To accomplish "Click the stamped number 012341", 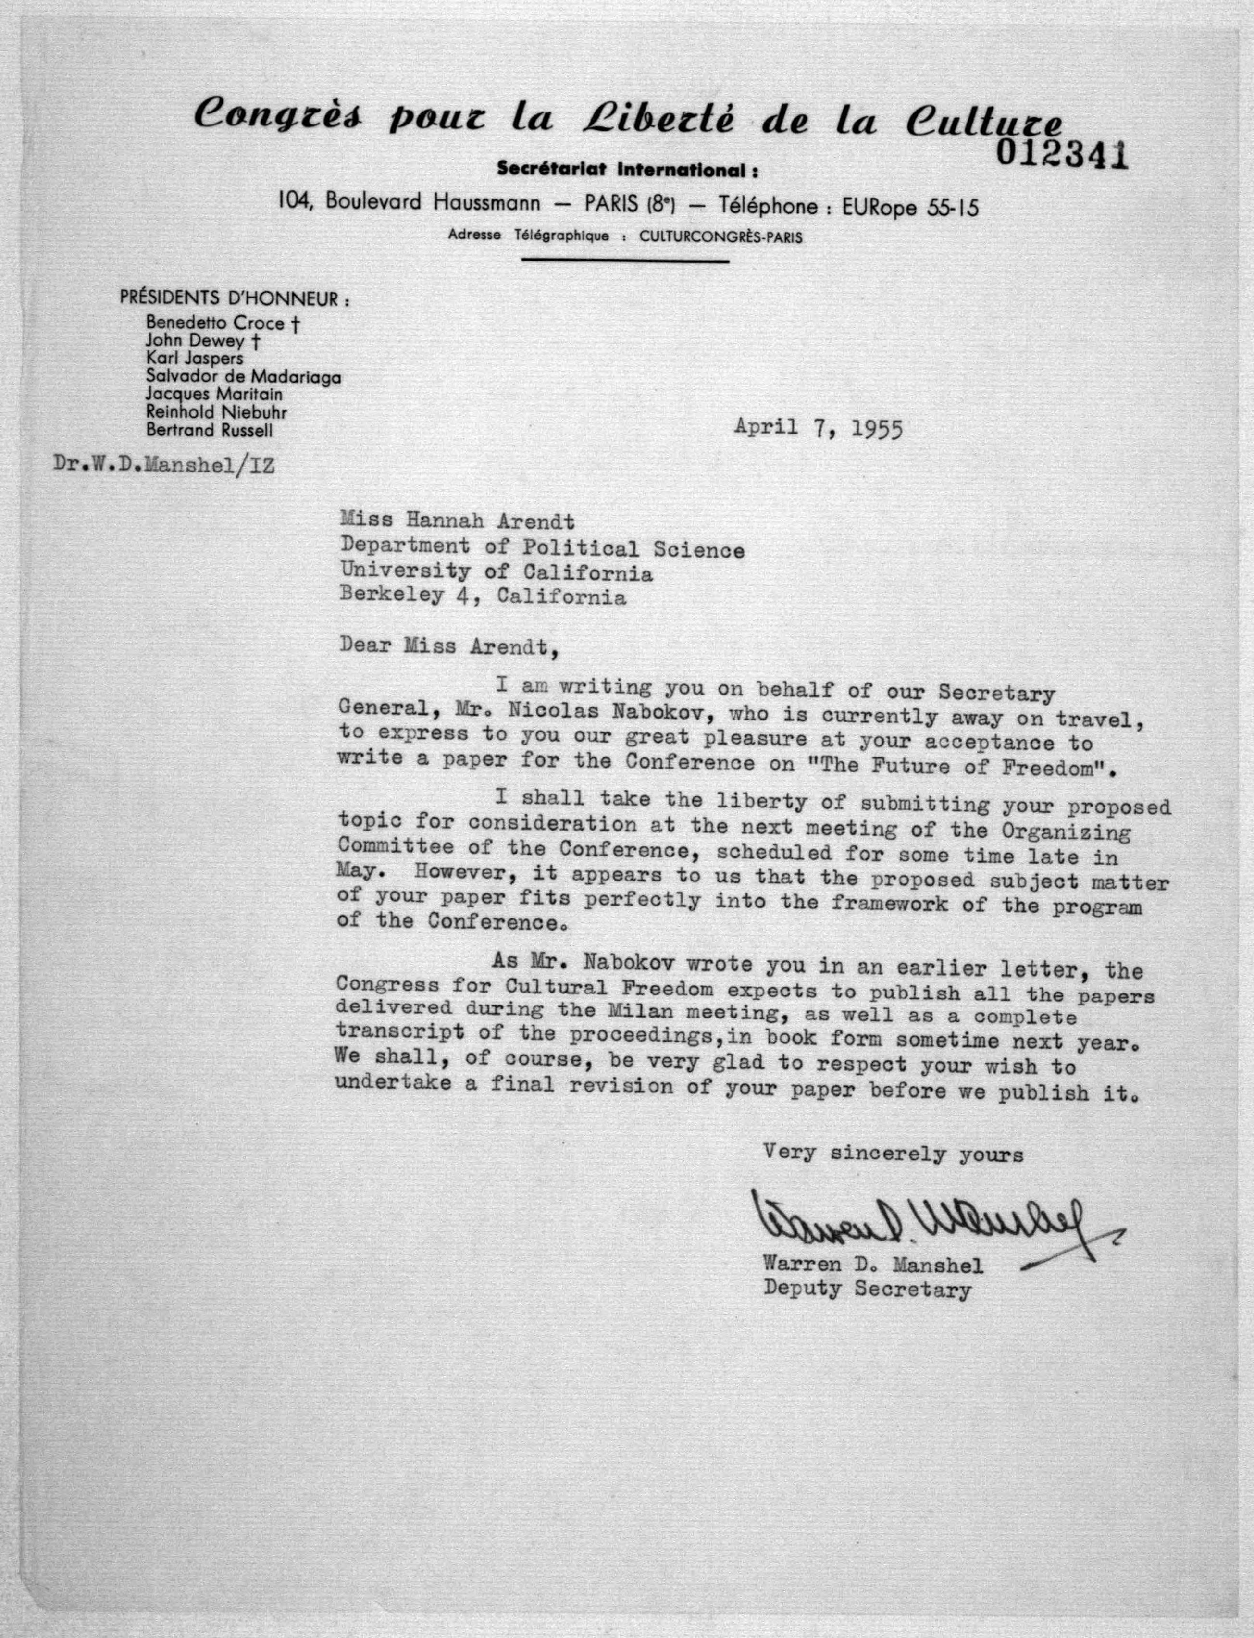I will [x=1061, y=156].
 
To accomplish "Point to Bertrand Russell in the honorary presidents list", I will [x=209, y=431].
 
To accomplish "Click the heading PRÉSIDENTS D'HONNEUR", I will [x=234, y=299].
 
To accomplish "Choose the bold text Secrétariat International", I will [x=627, y=171].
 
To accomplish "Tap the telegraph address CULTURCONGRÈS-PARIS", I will [x=721, y=237].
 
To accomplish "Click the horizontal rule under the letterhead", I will [x=625, y=261].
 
